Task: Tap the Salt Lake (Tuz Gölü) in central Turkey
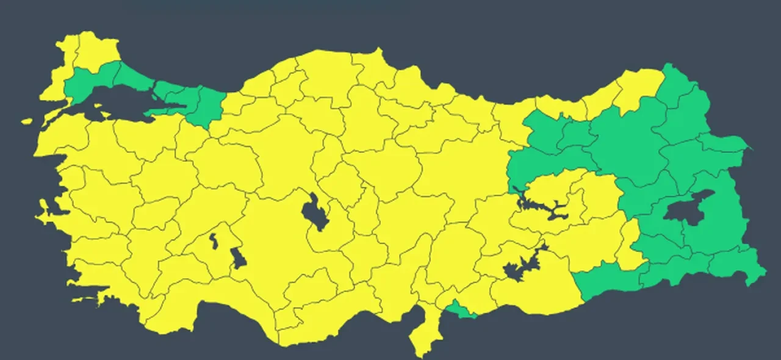click(x=315, y=212)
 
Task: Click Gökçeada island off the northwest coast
click(x=26, y=121)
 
